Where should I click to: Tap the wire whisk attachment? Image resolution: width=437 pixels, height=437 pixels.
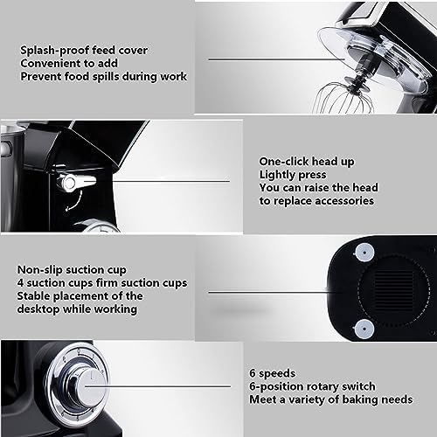pos(343,98)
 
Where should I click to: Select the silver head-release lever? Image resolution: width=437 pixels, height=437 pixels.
pos(76,182)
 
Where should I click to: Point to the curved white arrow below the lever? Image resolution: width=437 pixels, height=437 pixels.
pos(73,201)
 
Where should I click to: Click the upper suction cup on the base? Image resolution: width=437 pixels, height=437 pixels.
pos(364,253)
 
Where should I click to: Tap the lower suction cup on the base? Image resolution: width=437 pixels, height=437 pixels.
pos(364,329)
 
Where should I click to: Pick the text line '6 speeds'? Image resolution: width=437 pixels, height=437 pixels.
pos(273,373)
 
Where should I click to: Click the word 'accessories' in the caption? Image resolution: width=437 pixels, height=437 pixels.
pos(344,201)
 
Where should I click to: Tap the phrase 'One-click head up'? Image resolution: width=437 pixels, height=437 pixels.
pos(307,162)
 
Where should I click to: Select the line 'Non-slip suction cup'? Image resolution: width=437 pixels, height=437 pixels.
pos(72,270)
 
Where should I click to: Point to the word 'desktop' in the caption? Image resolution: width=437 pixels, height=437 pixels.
pos(38,309)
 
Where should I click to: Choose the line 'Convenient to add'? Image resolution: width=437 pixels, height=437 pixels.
pos(69,63)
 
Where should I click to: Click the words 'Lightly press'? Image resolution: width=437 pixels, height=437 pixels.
pos(293,175)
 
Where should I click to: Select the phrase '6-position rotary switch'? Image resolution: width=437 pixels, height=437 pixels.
pos(312,386)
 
